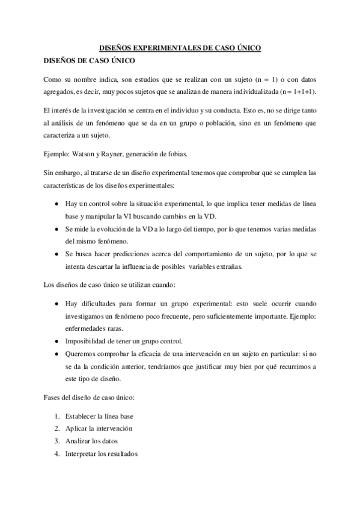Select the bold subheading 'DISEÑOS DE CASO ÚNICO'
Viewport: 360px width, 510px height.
[87, 61]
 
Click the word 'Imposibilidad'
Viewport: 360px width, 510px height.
[89, 341]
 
